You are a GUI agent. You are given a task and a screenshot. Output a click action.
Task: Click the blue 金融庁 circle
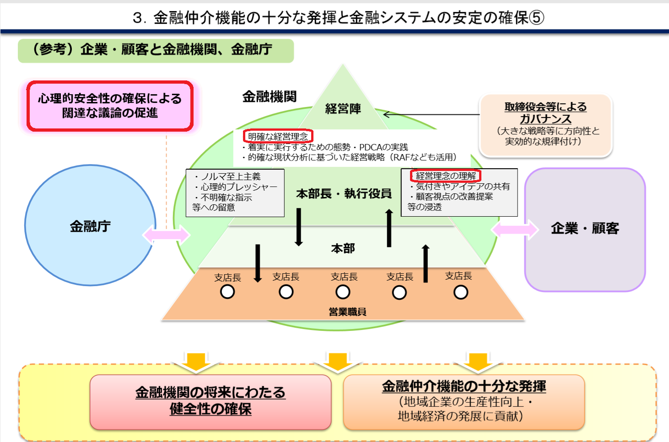[90, 226]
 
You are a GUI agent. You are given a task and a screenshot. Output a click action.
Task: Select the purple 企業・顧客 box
[584, 229]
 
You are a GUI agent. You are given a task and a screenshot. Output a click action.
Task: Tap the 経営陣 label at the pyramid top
[343, 109]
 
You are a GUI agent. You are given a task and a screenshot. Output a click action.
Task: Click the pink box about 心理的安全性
[110, 106]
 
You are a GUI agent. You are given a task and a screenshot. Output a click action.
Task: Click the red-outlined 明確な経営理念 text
[278, 136]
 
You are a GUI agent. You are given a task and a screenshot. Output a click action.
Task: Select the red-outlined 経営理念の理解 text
[446, 176]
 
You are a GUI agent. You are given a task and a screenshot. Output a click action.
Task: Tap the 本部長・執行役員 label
[344, 194]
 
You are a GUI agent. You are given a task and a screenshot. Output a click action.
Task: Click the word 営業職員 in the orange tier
[347, 312]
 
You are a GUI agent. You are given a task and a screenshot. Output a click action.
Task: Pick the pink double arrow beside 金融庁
[166, 235]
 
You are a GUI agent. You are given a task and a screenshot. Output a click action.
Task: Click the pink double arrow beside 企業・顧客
[515, 229]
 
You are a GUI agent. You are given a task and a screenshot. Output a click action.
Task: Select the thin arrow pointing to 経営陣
[430, 114]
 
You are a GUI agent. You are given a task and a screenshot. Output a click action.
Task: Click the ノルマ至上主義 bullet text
[230, 176]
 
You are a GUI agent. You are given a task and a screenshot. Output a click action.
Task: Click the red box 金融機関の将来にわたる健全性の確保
[210, 401]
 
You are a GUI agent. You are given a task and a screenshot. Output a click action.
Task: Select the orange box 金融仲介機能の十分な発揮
[464, 401]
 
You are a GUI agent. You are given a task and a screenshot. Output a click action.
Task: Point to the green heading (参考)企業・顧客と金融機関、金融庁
[156, 50]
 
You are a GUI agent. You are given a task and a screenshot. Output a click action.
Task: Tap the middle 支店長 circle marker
[343, 292]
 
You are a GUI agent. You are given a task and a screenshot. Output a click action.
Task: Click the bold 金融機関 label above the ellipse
[270, 96]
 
